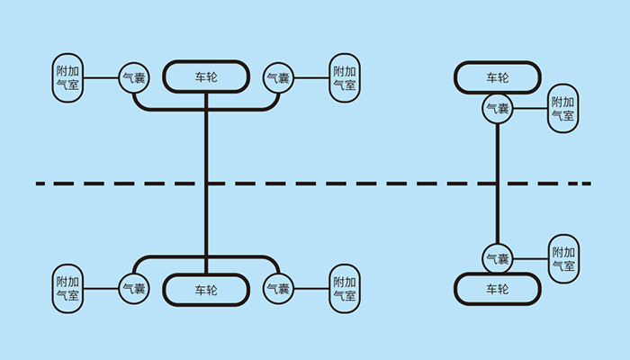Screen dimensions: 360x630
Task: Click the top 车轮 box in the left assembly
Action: click(206, 76)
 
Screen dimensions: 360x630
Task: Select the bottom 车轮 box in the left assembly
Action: click(206, 290)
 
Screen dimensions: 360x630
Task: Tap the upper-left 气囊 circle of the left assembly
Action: click(133, 77)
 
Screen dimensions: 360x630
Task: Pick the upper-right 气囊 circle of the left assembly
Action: click(277, 77)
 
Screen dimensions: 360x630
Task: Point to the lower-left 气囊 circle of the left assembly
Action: click(133, 289)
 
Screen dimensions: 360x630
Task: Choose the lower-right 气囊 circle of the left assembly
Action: click(277, 289)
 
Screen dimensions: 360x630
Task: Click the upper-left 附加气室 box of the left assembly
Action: click(67, 77)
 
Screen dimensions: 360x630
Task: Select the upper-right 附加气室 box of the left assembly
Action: click(344, 77)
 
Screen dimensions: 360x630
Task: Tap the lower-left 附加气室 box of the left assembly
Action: click(67, 289)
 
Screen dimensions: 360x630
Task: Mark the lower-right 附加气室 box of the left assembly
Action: click(344, 289)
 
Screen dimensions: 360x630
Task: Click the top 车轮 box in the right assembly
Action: click(497, 77)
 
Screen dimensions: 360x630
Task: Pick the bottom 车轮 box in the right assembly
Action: click(497, 289)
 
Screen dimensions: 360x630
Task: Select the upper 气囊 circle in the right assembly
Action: click(498, 109)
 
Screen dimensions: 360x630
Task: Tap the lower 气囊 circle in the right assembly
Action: click(498, 258)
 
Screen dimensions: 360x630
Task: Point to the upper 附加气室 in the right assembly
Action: click(563, 109)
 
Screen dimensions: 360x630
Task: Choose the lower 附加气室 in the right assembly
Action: click(564, 259)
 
